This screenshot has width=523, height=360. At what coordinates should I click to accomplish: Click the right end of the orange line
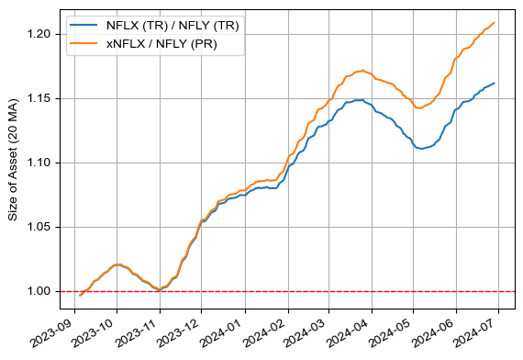pyautogui.click(x=495, y=23)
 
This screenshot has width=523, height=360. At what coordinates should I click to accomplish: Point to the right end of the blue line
pyautogui.click(x=495, y=84)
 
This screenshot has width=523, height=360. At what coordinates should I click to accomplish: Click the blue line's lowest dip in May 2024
pyautogui.click(x=422, y=148)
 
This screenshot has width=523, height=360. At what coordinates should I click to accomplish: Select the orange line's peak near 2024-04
pyautogui.click(x=363, y=70)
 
